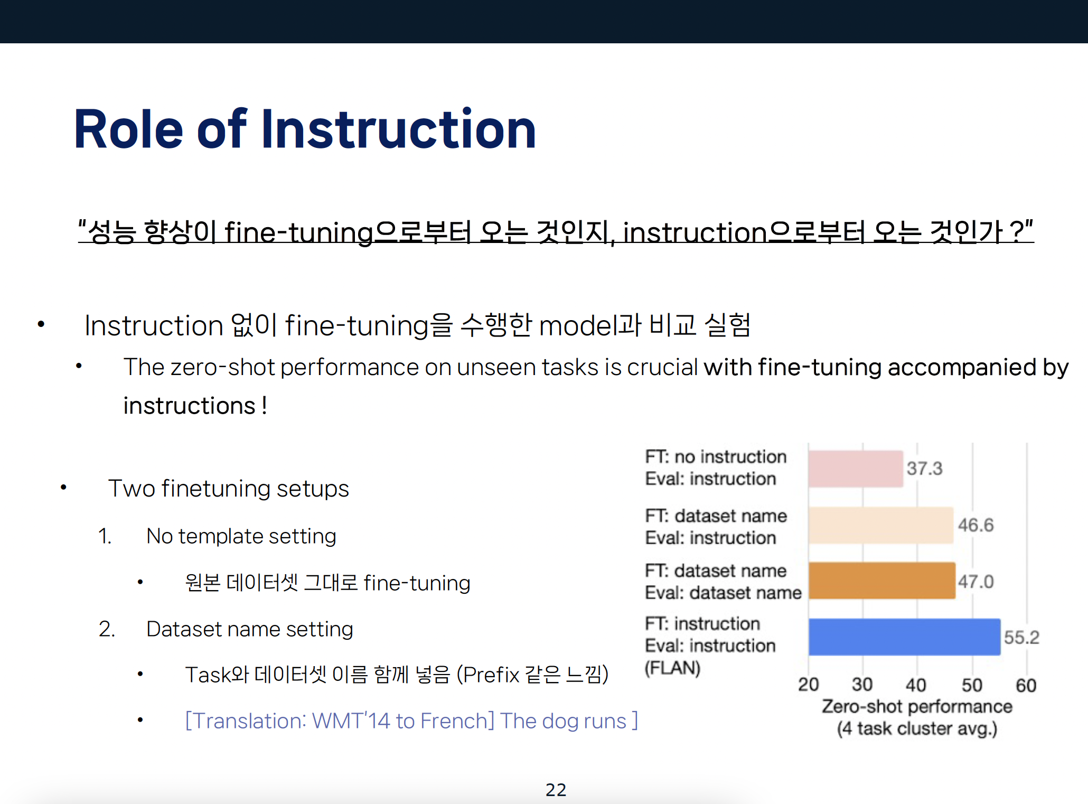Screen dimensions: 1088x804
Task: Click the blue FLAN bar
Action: pos(904,637)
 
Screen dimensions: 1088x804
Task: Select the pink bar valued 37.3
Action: pos(856,469)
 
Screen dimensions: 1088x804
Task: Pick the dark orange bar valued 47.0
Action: pos(882,581)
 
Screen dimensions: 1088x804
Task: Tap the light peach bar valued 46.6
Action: pos(881,525)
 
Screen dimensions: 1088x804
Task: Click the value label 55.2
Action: pos(1021,637)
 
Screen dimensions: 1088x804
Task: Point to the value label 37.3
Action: pos(925,468)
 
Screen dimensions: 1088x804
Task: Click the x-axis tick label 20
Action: pos(809,685)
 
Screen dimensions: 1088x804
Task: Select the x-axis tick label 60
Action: pos(1026,685)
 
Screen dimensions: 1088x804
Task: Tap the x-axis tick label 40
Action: pos(916,685)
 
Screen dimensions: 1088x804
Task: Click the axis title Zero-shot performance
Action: pos(917,706)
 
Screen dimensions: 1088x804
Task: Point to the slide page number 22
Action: pos(556,790)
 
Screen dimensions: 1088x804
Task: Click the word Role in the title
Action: pos(129,129)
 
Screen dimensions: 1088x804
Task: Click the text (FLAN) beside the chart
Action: pos(672,668)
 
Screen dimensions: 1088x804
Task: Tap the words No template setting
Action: pos(241,536)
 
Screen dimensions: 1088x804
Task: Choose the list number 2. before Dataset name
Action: pos(107,629)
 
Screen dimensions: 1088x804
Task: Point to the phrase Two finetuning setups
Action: pos(229,489)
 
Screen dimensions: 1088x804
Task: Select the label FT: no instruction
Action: pos(716,456)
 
